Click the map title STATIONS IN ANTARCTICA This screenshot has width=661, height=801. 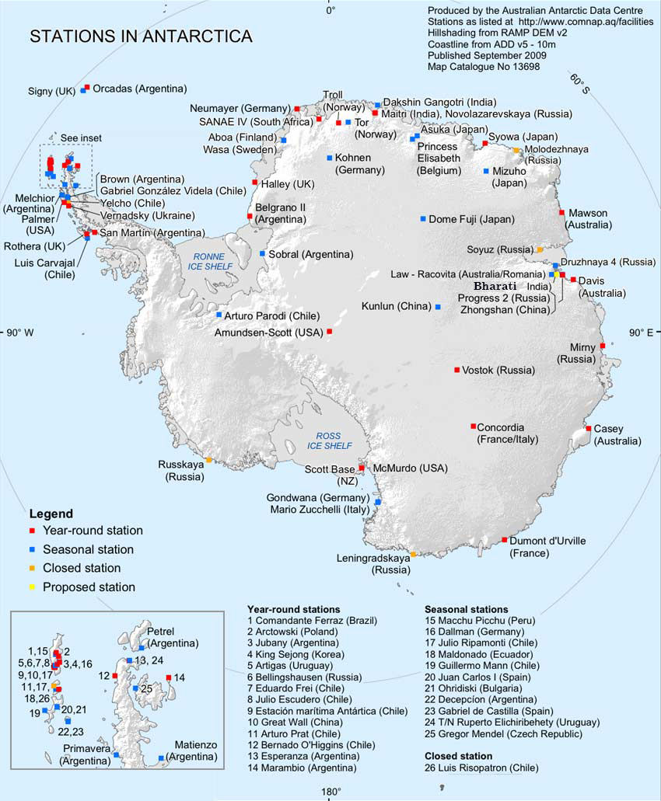click(140, 37)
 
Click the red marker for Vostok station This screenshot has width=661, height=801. click(456, 370)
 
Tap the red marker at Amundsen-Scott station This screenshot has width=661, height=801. click(329, 332)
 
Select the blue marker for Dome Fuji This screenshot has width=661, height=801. click(423, 219)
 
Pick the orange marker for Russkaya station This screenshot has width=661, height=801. click(208, 461)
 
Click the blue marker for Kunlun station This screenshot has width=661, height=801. click(438, 308)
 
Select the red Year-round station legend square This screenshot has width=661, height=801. click(33, 531)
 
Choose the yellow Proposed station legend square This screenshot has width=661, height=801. click(33, 587)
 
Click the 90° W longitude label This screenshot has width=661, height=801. click(20, 333)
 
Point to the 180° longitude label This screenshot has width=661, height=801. click(331, 792)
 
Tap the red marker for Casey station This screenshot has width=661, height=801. click(589, 428)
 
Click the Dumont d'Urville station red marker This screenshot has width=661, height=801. click(505, 540)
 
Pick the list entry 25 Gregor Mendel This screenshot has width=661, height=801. click(502, 733)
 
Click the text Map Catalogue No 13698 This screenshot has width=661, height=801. click(483, 67)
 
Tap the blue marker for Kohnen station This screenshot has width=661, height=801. click(330, 158)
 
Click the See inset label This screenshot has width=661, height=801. click(81, 138)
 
